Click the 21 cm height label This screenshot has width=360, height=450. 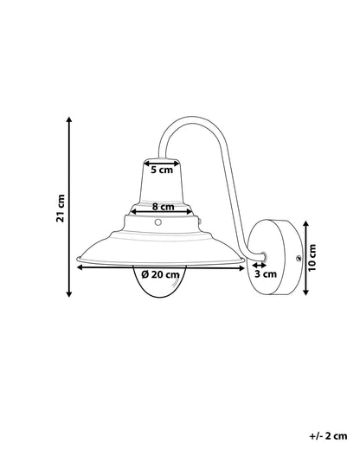click(61, 208)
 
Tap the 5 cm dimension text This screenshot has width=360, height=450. click(162, 170)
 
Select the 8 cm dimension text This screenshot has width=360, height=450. click(164, 207)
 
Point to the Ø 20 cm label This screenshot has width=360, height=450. click(160, 274)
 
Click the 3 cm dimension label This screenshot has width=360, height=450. click(266, 273)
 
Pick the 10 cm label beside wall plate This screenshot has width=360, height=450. click(312, 258)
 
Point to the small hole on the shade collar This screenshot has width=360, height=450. click(157, 222)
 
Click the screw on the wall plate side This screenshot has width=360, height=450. click(299, 258)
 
